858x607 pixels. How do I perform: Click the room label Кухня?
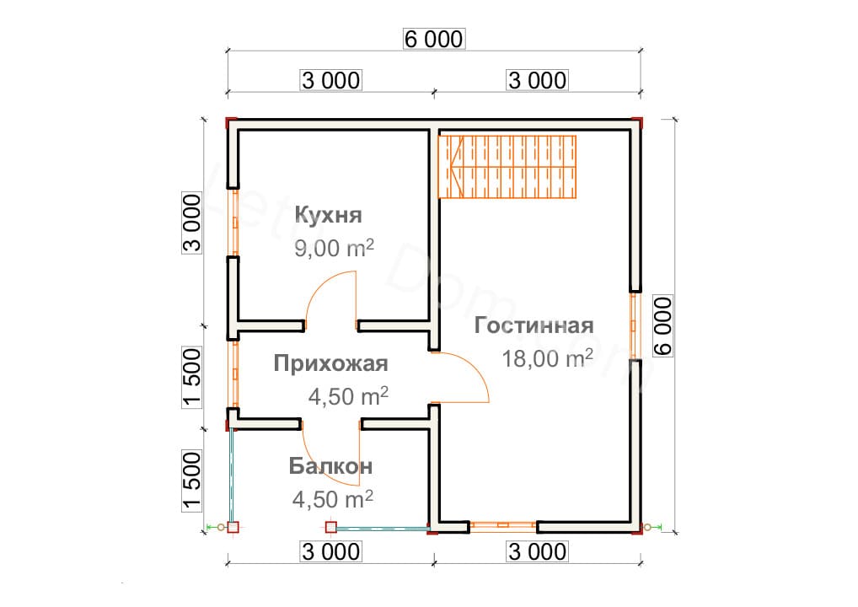[328, 215]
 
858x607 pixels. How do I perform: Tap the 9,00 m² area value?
[334, 250]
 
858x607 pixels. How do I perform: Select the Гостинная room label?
[534, 325]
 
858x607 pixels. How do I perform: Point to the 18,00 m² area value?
[547, 358]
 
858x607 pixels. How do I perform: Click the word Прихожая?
[330, 363]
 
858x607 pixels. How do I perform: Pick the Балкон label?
[330, 466]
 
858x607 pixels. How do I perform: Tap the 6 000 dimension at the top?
[434, 39]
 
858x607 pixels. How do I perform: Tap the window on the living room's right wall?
[635, 325]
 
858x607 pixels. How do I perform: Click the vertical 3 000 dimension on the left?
[192, 223]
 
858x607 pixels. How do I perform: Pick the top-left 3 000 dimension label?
[330, 80]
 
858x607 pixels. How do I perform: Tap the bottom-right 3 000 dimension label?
[537, 552]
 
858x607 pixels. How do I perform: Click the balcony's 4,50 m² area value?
[333, 500]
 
